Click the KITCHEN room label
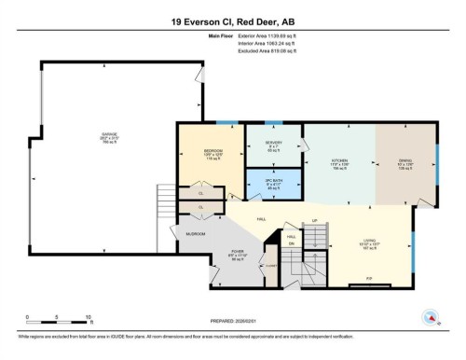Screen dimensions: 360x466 click(x=339, y=160)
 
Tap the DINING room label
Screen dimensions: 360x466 click(x=405, y=160)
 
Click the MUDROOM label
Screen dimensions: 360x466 click(x=195, y=232)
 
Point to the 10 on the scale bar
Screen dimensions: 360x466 click(x=87, y=318)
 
